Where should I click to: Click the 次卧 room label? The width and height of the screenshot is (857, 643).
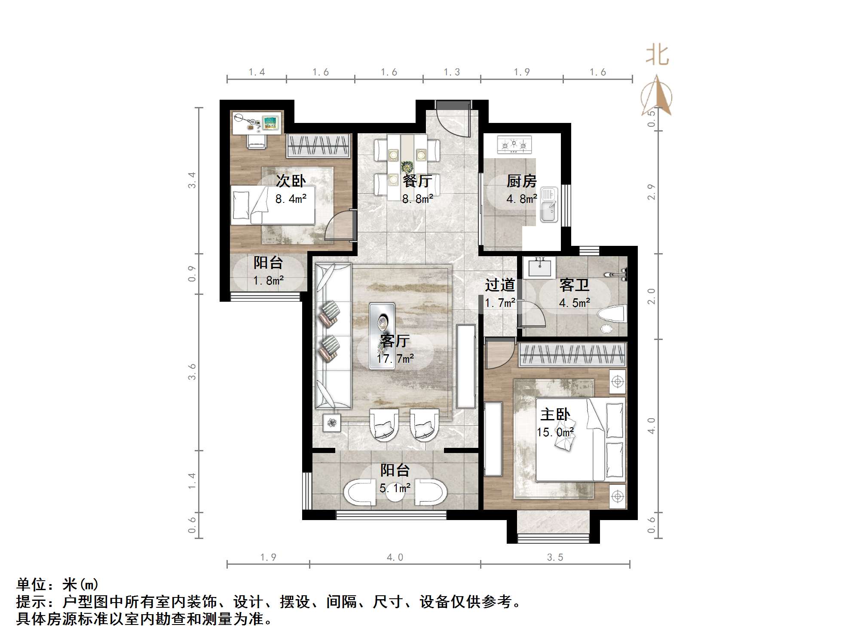pos(291,181)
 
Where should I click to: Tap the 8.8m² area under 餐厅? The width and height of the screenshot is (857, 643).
pos(417,199)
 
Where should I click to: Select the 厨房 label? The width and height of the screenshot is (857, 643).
pos(521,181)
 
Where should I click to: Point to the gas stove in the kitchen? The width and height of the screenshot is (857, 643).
pos(514,145)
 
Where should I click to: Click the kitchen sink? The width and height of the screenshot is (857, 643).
pos(548,205)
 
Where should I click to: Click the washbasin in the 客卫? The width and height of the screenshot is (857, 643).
pos(539,267)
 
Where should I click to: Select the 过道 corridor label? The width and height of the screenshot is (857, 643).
pos(500,285)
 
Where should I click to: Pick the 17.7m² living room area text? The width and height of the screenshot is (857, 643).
pos(395,358)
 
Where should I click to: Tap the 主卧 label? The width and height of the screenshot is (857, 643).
pos(555,414)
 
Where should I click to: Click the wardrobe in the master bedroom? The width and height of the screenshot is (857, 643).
pos(572,355)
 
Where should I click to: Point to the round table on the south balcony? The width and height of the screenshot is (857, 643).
pos(395,493)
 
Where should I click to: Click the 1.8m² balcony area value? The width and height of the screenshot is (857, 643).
pos(268,281)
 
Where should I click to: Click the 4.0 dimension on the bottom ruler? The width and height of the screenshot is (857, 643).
pos(395,557)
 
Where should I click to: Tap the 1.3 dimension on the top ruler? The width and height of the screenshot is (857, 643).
pos(452,72)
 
